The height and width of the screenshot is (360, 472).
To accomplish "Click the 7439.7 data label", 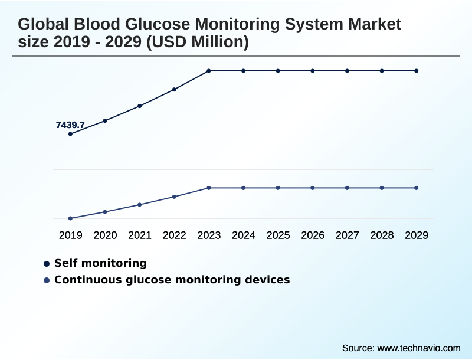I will pos(70,125).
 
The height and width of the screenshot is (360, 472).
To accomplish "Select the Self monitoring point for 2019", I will pos(71,134).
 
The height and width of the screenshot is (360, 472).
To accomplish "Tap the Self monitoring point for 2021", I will pos(140,106).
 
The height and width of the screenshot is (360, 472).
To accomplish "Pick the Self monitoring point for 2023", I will pos(209,71).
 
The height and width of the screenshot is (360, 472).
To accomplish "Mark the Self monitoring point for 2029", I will pos(417,71).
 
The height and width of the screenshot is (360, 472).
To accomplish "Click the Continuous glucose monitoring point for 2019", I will pos(71,218).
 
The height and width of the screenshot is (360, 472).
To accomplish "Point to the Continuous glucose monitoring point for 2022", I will pos(175,197).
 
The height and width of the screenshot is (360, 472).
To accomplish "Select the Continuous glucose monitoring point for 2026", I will pos(313,188).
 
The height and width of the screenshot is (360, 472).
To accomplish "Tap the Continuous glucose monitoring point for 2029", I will pos(417,188).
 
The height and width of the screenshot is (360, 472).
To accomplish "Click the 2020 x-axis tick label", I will pos(105,235).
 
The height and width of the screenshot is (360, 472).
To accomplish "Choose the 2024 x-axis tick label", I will pos(244,235).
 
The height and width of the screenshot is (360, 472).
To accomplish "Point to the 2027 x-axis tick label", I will pos(348,235).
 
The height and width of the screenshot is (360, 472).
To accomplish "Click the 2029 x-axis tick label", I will pos(417,235).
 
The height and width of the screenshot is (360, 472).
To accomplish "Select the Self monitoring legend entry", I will pos(100,263).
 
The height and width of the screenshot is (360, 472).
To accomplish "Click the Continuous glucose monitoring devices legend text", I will pos(172,280).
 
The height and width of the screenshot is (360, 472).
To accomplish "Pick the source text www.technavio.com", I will pos(418,348).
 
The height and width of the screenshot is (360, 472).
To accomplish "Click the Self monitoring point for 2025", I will pos(278,71).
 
